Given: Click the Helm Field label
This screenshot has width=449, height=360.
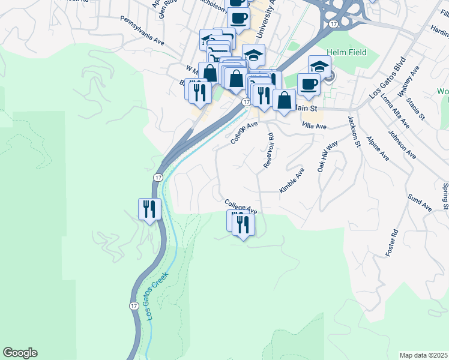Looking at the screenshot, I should [x=348, y=53].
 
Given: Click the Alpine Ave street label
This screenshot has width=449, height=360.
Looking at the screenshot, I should [x=378, y=148].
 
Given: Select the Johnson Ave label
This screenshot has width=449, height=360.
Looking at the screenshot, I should [x=402, y=145].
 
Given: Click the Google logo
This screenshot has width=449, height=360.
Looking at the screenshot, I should [x=20, y=353].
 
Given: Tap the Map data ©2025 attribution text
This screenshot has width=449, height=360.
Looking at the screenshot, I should [x=423, y=355].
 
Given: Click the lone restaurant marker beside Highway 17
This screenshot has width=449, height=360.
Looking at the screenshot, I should [x=148, y=209].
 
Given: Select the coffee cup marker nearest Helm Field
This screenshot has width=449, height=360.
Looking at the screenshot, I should [x=309, y=84].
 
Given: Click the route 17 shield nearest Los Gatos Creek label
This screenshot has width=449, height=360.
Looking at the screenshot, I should [x=133, y=305].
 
